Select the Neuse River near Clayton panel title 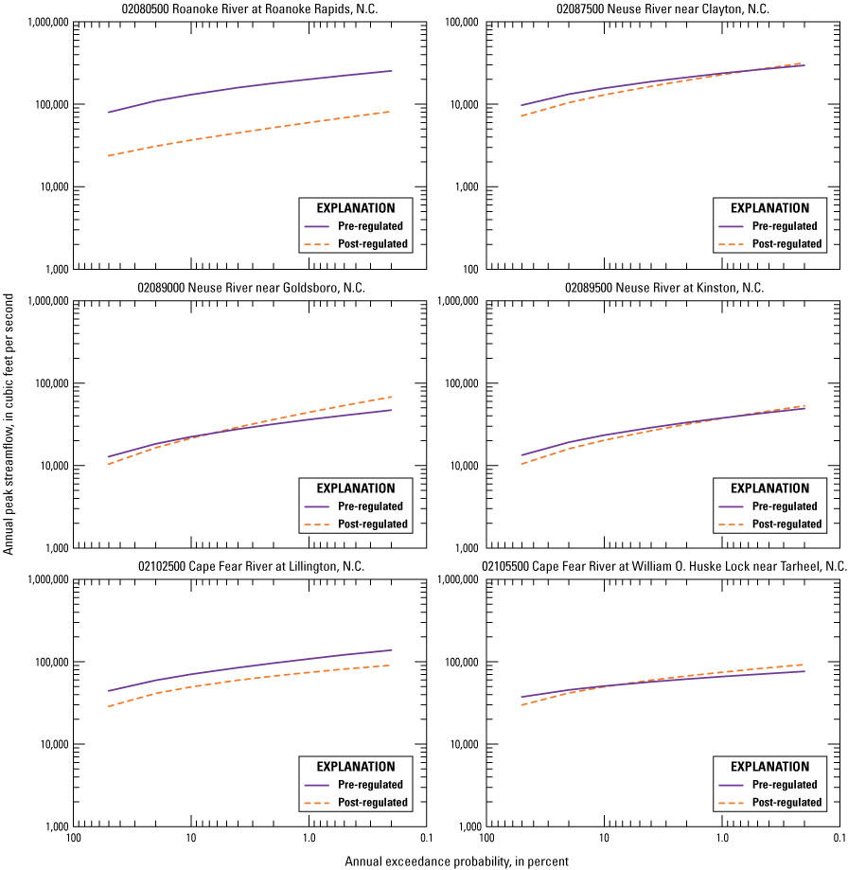pyautogui.click(x=662, y=9)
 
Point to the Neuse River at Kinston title pyautogui.click(x=663, y=288)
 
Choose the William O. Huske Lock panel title pyautogui.click(x=663, y=566)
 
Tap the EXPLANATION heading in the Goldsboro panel pyautogui.click(x=356, y=488)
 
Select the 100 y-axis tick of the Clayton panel pyautogui.click(x=469, y=269)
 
